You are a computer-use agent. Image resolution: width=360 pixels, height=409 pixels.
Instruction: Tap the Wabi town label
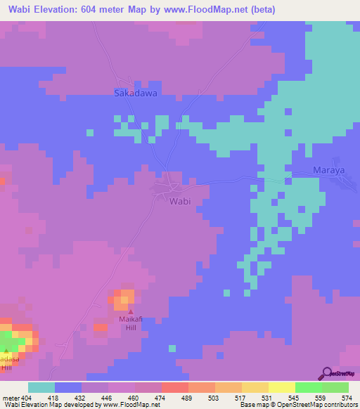coord(181,201)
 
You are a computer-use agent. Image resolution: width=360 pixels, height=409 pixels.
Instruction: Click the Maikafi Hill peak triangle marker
coord(130,311)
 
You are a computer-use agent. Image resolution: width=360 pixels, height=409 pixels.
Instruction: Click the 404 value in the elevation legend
coord(27,398)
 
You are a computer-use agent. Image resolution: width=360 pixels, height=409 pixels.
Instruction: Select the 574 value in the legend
coord(347,398)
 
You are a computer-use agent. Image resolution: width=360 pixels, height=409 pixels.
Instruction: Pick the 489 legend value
coord(187,398)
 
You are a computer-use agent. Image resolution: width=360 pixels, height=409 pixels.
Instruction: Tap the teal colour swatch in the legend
coord(41,387)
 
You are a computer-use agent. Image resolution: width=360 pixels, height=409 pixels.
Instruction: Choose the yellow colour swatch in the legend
coord(281,387)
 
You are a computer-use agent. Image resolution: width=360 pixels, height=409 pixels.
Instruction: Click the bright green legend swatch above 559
coord(308,387)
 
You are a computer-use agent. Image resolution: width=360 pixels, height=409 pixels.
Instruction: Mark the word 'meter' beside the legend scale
coord(11,398)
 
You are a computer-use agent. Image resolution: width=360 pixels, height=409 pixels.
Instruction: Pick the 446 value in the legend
coord(107,398)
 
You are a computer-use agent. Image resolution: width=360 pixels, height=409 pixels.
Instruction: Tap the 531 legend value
coord(267,398)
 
